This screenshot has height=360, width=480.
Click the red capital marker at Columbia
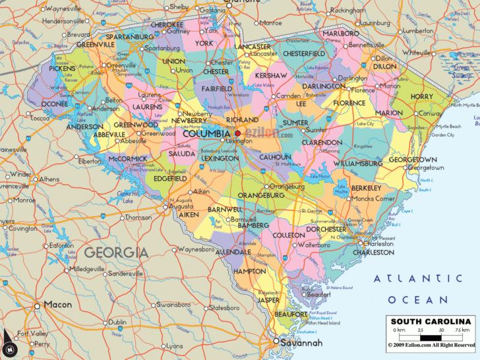238,133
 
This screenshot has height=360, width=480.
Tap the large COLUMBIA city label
206,134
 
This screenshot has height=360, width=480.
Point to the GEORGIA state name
116,252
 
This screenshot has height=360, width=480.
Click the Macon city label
57,305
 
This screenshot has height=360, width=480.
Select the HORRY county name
422,96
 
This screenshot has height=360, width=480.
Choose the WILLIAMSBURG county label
358,163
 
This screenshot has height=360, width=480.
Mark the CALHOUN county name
293,157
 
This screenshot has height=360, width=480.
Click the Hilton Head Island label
323,323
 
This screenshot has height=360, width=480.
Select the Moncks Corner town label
373,198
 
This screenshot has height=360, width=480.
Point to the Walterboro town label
314,245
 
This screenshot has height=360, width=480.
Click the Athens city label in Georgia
49,179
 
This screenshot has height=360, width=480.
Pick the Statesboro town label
222,307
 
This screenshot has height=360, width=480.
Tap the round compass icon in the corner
9,348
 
